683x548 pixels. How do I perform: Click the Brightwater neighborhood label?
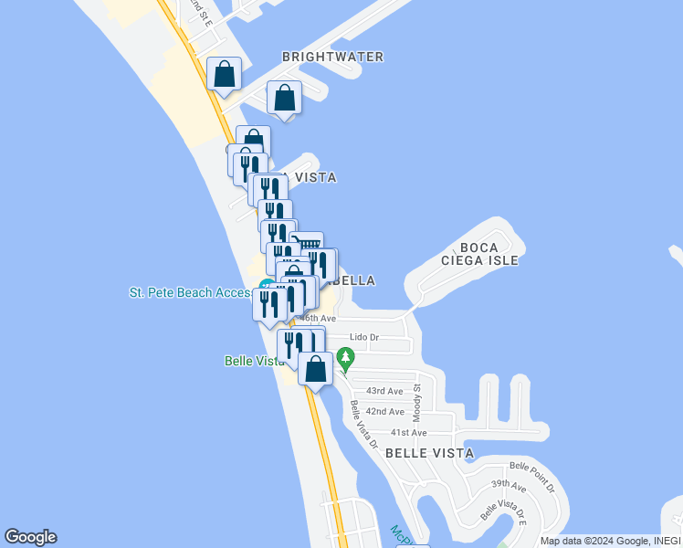click(332, 57)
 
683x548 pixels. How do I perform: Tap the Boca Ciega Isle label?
click(489, 254)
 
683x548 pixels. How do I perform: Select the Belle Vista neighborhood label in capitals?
click(429, 453)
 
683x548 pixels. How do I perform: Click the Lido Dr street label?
click(365, 338)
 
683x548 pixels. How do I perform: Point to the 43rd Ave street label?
click(384, 391)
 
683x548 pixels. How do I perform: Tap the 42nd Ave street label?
click(384, 412)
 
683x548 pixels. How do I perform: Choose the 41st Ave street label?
click(408, 433)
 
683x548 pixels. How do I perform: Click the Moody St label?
click(416, 399)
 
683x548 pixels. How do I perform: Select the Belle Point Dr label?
click(532, 476)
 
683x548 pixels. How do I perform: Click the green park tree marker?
click(345, 357)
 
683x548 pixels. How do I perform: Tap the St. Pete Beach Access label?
click(190, 293)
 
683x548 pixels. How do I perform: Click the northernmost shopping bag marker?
click(224, 74)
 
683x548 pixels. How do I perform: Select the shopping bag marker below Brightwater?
click(285, 97)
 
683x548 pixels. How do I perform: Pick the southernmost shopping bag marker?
click(315, 369)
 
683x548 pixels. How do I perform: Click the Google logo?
click(30, 537)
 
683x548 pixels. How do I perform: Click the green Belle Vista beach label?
click(254, 361)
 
